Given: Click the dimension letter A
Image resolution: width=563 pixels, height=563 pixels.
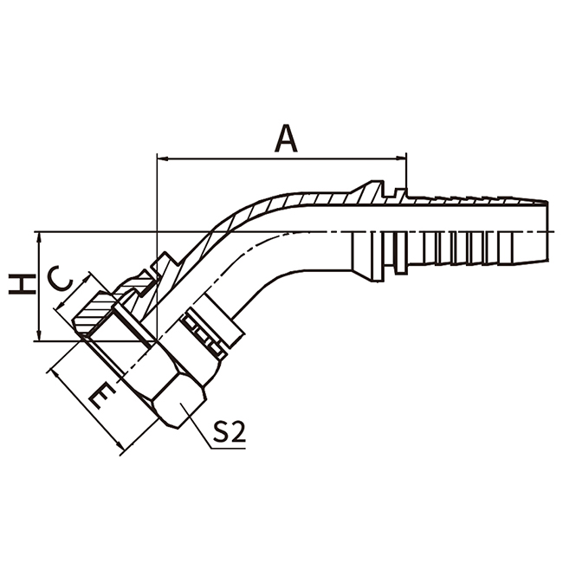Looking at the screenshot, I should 285,138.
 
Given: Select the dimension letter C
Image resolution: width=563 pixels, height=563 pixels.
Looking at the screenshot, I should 61,280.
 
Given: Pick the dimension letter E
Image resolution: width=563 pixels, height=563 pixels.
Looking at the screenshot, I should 101,396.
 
